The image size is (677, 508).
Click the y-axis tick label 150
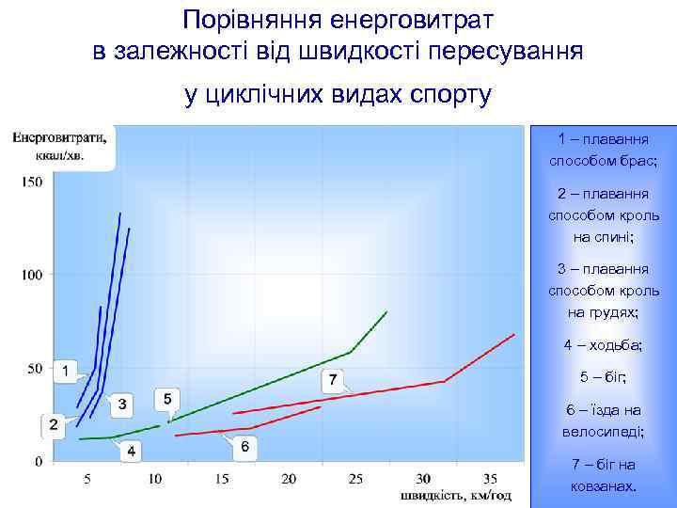(32, 183)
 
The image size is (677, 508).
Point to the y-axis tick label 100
(32, 275)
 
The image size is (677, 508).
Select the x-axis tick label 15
(221, 478)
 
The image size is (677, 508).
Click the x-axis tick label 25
(354, 478)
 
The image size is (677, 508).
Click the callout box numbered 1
(65, 372)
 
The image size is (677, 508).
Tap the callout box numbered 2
(54, 425)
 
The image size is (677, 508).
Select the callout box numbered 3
(123, 405)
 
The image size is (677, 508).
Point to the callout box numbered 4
(132, 452)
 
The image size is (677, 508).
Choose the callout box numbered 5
(166, 399)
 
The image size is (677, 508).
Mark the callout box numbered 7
(333, 380)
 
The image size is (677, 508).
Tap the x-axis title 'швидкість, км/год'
(456, 495)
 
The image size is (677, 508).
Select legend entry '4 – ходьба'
(603, 344)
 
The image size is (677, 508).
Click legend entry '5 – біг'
(603, 377)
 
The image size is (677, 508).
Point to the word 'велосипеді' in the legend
(603, 432)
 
